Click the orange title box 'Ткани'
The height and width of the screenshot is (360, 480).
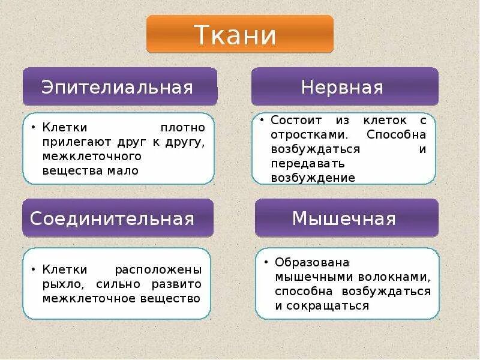[x=240, y=35]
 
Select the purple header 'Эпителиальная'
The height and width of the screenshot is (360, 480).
[x=119, y=87]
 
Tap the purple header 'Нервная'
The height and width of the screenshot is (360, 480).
[x=344, y=87]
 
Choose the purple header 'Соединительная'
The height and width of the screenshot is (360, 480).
[x=118, y=218]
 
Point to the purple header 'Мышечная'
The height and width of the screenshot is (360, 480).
[x=346, y=218]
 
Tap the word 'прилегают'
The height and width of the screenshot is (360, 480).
[x=71, y=142]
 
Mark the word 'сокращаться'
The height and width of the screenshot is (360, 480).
[x=329, y=306]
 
